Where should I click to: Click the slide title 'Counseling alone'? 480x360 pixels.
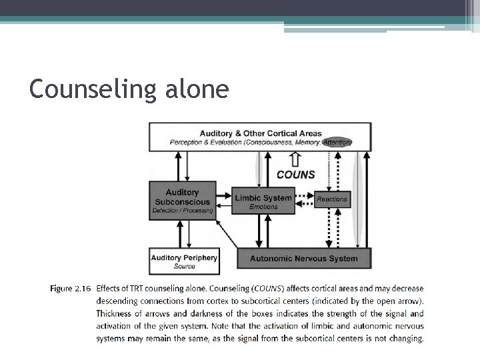click(x=129, y=88)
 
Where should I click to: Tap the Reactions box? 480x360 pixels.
click(x=332, y=199)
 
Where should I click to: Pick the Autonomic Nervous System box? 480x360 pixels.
click(x=303, y=258)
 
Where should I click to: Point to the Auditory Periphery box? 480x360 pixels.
click(x=184, y=261)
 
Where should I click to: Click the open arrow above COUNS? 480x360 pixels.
click(x=295, y=160)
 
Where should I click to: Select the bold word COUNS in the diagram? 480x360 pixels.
click(x=295, y=175)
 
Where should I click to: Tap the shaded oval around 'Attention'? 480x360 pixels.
click(x=337, y=142)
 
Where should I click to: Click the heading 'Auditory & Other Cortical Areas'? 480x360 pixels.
click(x=259, y=133)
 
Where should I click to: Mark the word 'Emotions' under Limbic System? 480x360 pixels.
click(x=263, y=207)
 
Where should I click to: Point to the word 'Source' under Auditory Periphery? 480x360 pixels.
click(x=184, y=267)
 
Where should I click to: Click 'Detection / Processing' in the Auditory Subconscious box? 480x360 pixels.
click(x=182, y=211)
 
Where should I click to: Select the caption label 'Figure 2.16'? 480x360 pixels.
click(x=70, y=289)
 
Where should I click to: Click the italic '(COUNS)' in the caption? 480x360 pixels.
click(x=270, y=289)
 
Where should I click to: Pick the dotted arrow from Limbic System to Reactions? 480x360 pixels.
click(x=303, y=197)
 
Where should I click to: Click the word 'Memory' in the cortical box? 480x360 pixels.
click(x=305, y=142)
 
